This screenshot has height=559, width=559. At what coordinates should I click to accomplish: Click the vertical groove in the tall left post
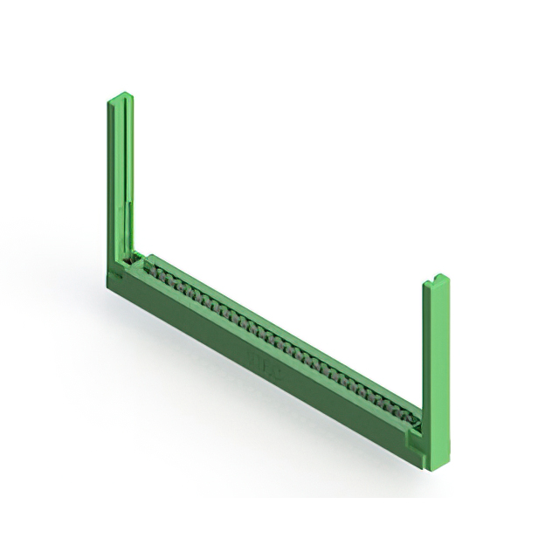[129, 175]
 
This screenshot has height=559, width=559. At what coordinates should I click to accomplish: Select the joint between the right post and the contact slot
[420, 420]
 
